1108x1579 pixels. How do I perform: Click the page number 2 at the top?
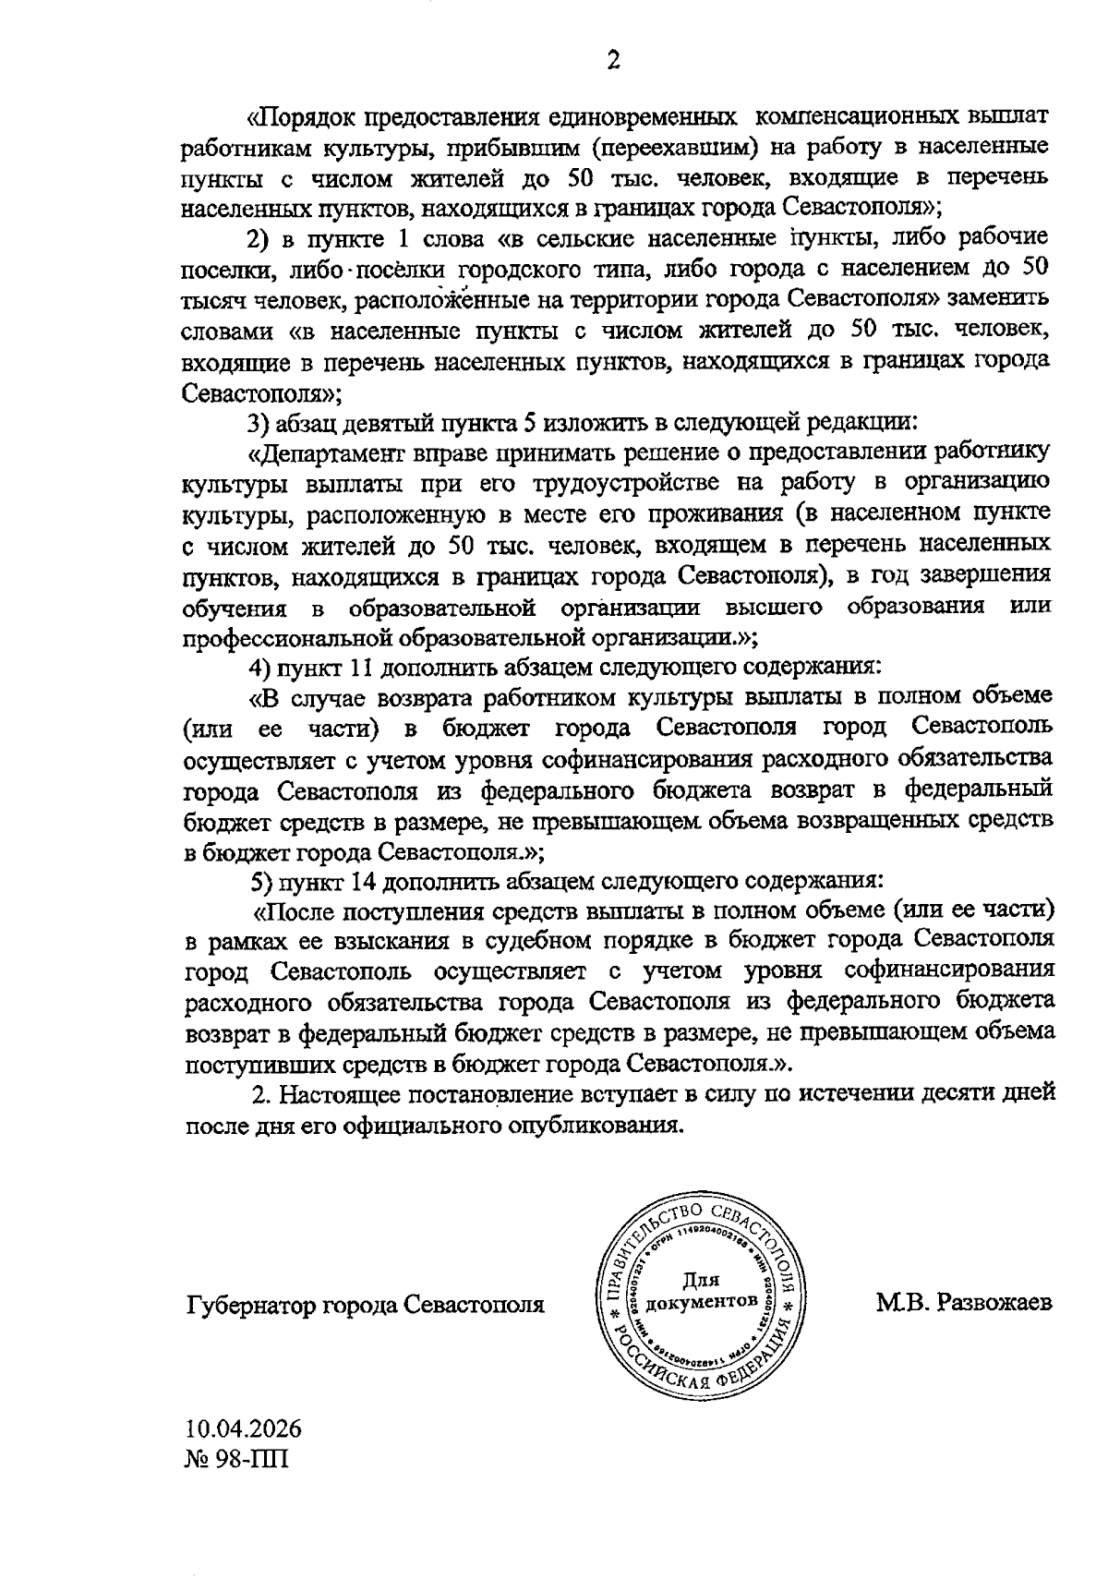612,61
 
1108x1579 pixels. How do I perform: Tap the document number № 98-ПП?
236,1462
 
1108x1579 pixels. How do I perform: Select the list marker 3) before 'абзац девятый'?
257,422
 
